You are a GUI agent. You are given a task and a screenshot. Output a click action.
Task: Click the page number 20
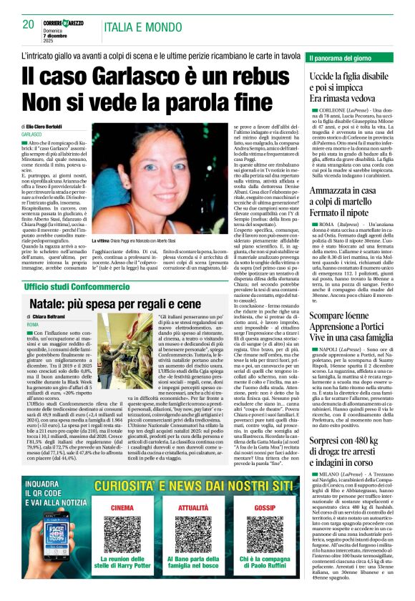tap(29, 24)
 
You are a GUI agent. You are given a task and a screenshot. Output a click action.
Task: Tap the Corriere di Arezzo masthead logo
tap(65, 22)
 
